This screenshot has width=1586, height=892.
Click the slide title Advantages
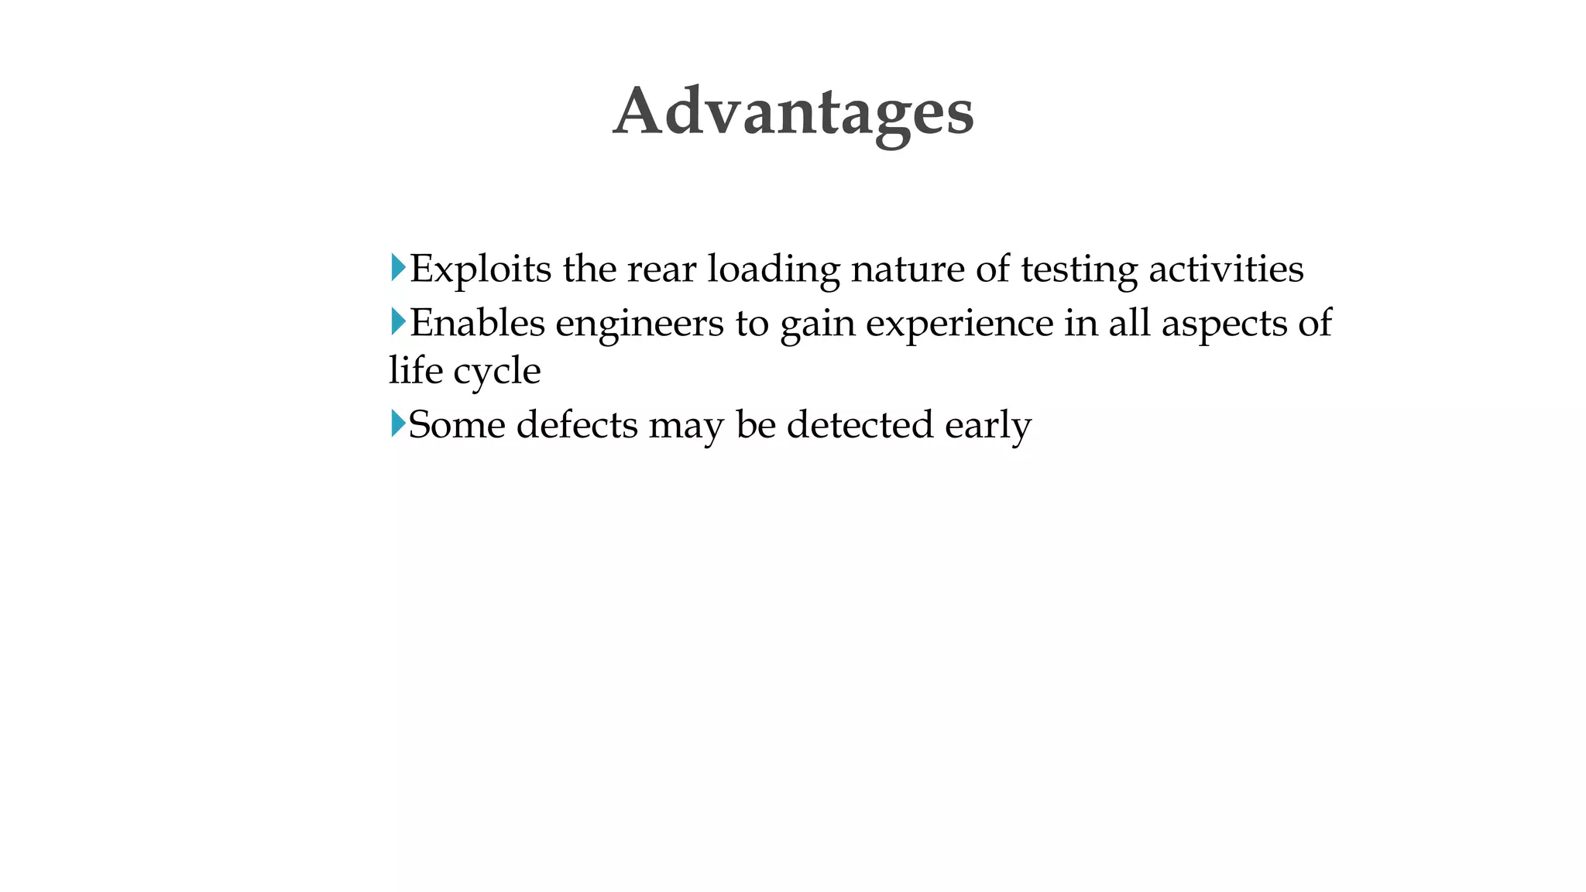coord(793,112)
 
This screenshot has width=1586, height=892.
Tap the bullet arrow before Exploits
coord(398,268)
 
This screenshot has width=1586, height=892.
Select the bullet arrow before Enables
coord(398,321)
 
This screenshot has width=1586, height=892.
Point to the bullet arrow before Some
coord(398,424)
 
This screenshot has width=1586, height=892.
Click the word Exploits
coord(480,269)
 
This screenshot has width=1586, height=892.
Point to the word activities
coord(1226,269)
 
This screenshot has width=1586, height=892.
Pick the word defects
coord(577,425)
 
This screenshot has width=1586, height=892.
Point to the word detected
coord(860,425)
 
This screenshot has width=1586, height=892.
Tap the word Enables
coord(477,323)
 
